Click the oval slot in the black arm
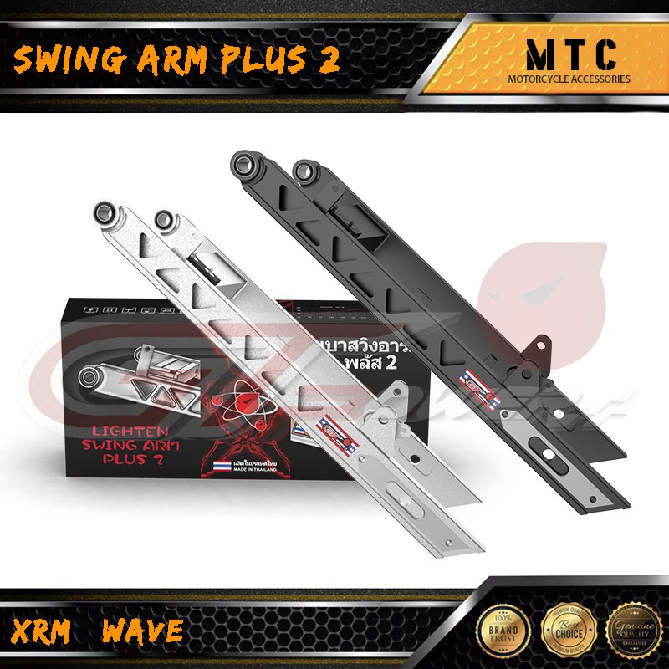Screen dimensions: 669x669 pyautogui.click(x=544, y=452)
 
